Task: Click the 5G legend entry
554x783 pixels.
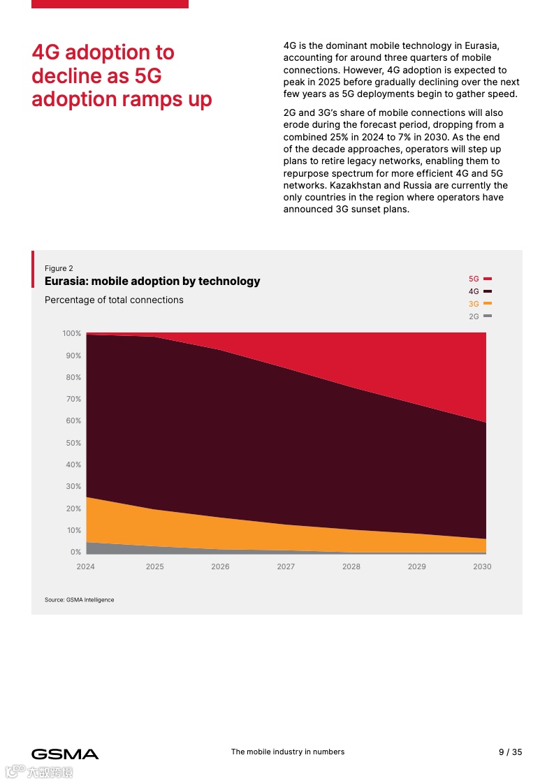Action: (479, 279)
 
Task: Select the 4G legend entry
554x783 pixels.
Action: (479, 291)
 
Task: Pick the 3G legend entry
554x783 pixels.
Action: (479, 304)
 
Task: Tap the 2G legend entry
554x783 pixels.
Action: (479, 316)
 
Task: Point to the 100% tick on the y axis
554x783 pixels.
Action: (72, 334)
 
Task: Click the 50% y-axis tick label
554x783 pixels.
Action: (73, 443)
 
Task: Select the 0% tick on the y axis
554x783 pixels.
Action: (75, 552)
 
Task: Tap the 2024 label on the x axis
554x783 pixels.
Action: (85, 566)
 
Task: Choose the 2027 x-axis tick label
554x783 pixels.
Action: (286, 566)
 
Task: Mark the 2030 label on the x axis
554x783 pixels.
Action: (482, 566)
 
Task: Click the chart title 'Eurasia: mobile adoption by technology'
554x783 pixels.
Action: (152, 281)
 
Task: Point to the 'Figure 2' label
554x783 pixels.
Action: (59, 268)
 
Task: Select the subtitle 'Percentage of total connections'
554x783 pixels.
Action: (114, 300)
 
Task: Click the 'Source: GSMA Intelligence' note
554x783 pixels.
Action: (79, 599)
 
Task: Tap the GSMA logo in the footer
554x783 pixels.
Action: (65, 754)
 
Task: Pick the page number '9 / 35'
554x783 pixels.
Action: (510, 752)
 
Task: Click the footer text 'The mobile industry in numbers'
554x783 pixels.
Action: (288, 752)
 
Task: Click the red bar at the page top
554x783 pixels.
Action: (110, 3)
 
